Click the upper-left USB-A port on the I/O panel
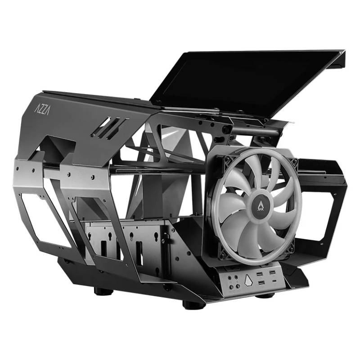pos(260,274)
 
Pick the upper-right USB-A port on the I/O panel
pos(272,273)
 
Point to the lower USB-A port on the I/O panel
pos(261,283)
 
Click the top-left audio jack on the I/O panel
pos(230,278)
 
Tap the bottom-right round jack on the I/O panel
pos(238,286)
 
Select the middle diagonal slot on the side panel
pos(108,128)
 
